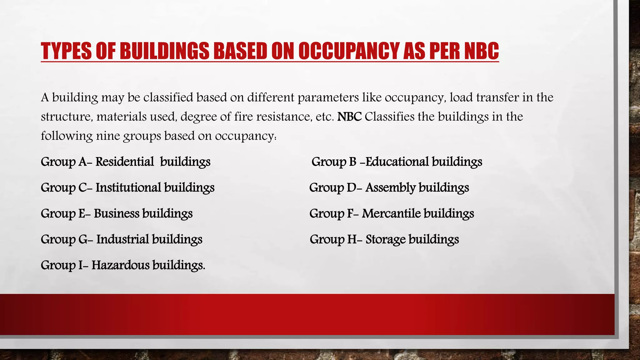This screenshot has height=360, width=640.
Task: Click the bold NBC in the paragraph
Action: tap(349, 117)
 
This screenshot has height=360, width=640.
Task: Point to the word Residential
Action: tap(125, 162)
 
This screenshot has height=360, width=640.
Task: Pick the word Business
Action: tap(117, 213)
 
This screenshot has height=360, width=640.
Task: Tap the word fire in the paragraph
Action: tap(242, 117)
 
